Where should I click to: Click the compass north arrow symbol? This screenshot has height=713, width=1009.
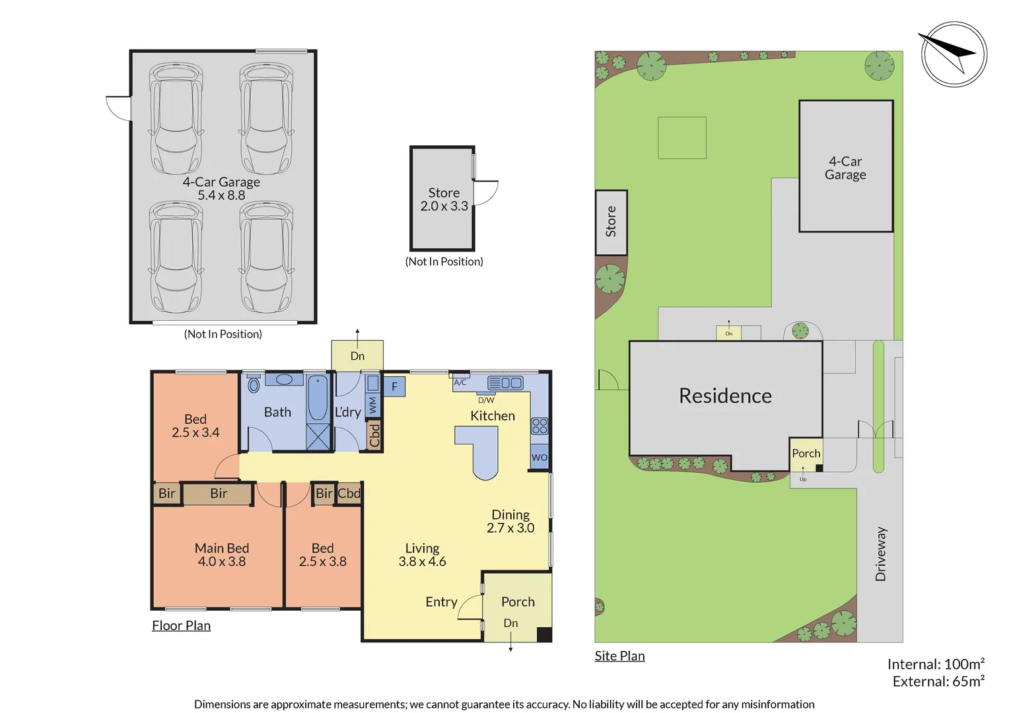(x=953, y=54)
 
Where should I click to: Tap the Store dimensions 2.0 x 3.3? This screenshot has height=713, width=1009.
(x=444, y=207)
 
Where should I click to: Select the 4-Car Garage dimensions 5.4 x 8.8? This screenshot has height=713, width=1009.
(x=221, y=195)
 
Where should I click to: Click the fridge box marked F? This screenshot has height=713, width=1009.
(x=394, y=386)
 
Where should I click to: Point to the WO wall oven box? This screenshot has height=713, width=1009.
(x=539, y=458)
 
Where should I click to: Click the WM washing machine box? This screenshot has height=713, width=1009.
(x=373, y=405)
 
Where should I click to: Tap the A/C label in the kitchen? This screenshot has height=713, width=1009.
(x=460, y=382)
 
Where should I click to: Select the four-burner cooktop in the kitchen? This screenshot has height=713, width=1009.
(x=539, y=426)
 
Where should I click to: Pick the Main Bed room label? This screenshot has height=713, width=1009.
(x=221, y=548)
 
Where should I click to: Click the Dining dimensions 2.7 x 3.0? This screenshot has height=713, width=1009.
(x=510, y=528)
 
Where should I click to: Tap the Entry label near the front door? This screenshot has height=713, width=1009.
(x=441, y=601)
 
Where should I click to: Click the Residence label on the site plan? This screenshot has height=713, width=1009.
(x=725, y=395)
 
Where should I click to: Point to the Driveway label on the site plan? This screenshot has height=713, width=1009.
(x=880, y=554)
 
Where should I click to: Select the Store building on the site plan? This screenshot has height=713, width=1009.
(x=611, y=222)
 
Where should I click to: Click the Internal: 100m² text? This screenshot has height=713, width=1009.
(x=936, y=664)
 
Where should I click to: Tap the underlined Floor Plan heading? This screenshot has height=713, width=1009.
(x=181, y=625)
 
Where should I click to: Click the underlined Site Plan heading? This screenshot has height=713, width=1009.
(x=619, y=656)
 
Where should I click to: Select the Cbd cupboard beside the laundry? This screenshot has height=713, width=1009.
(x=374, y=435)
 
